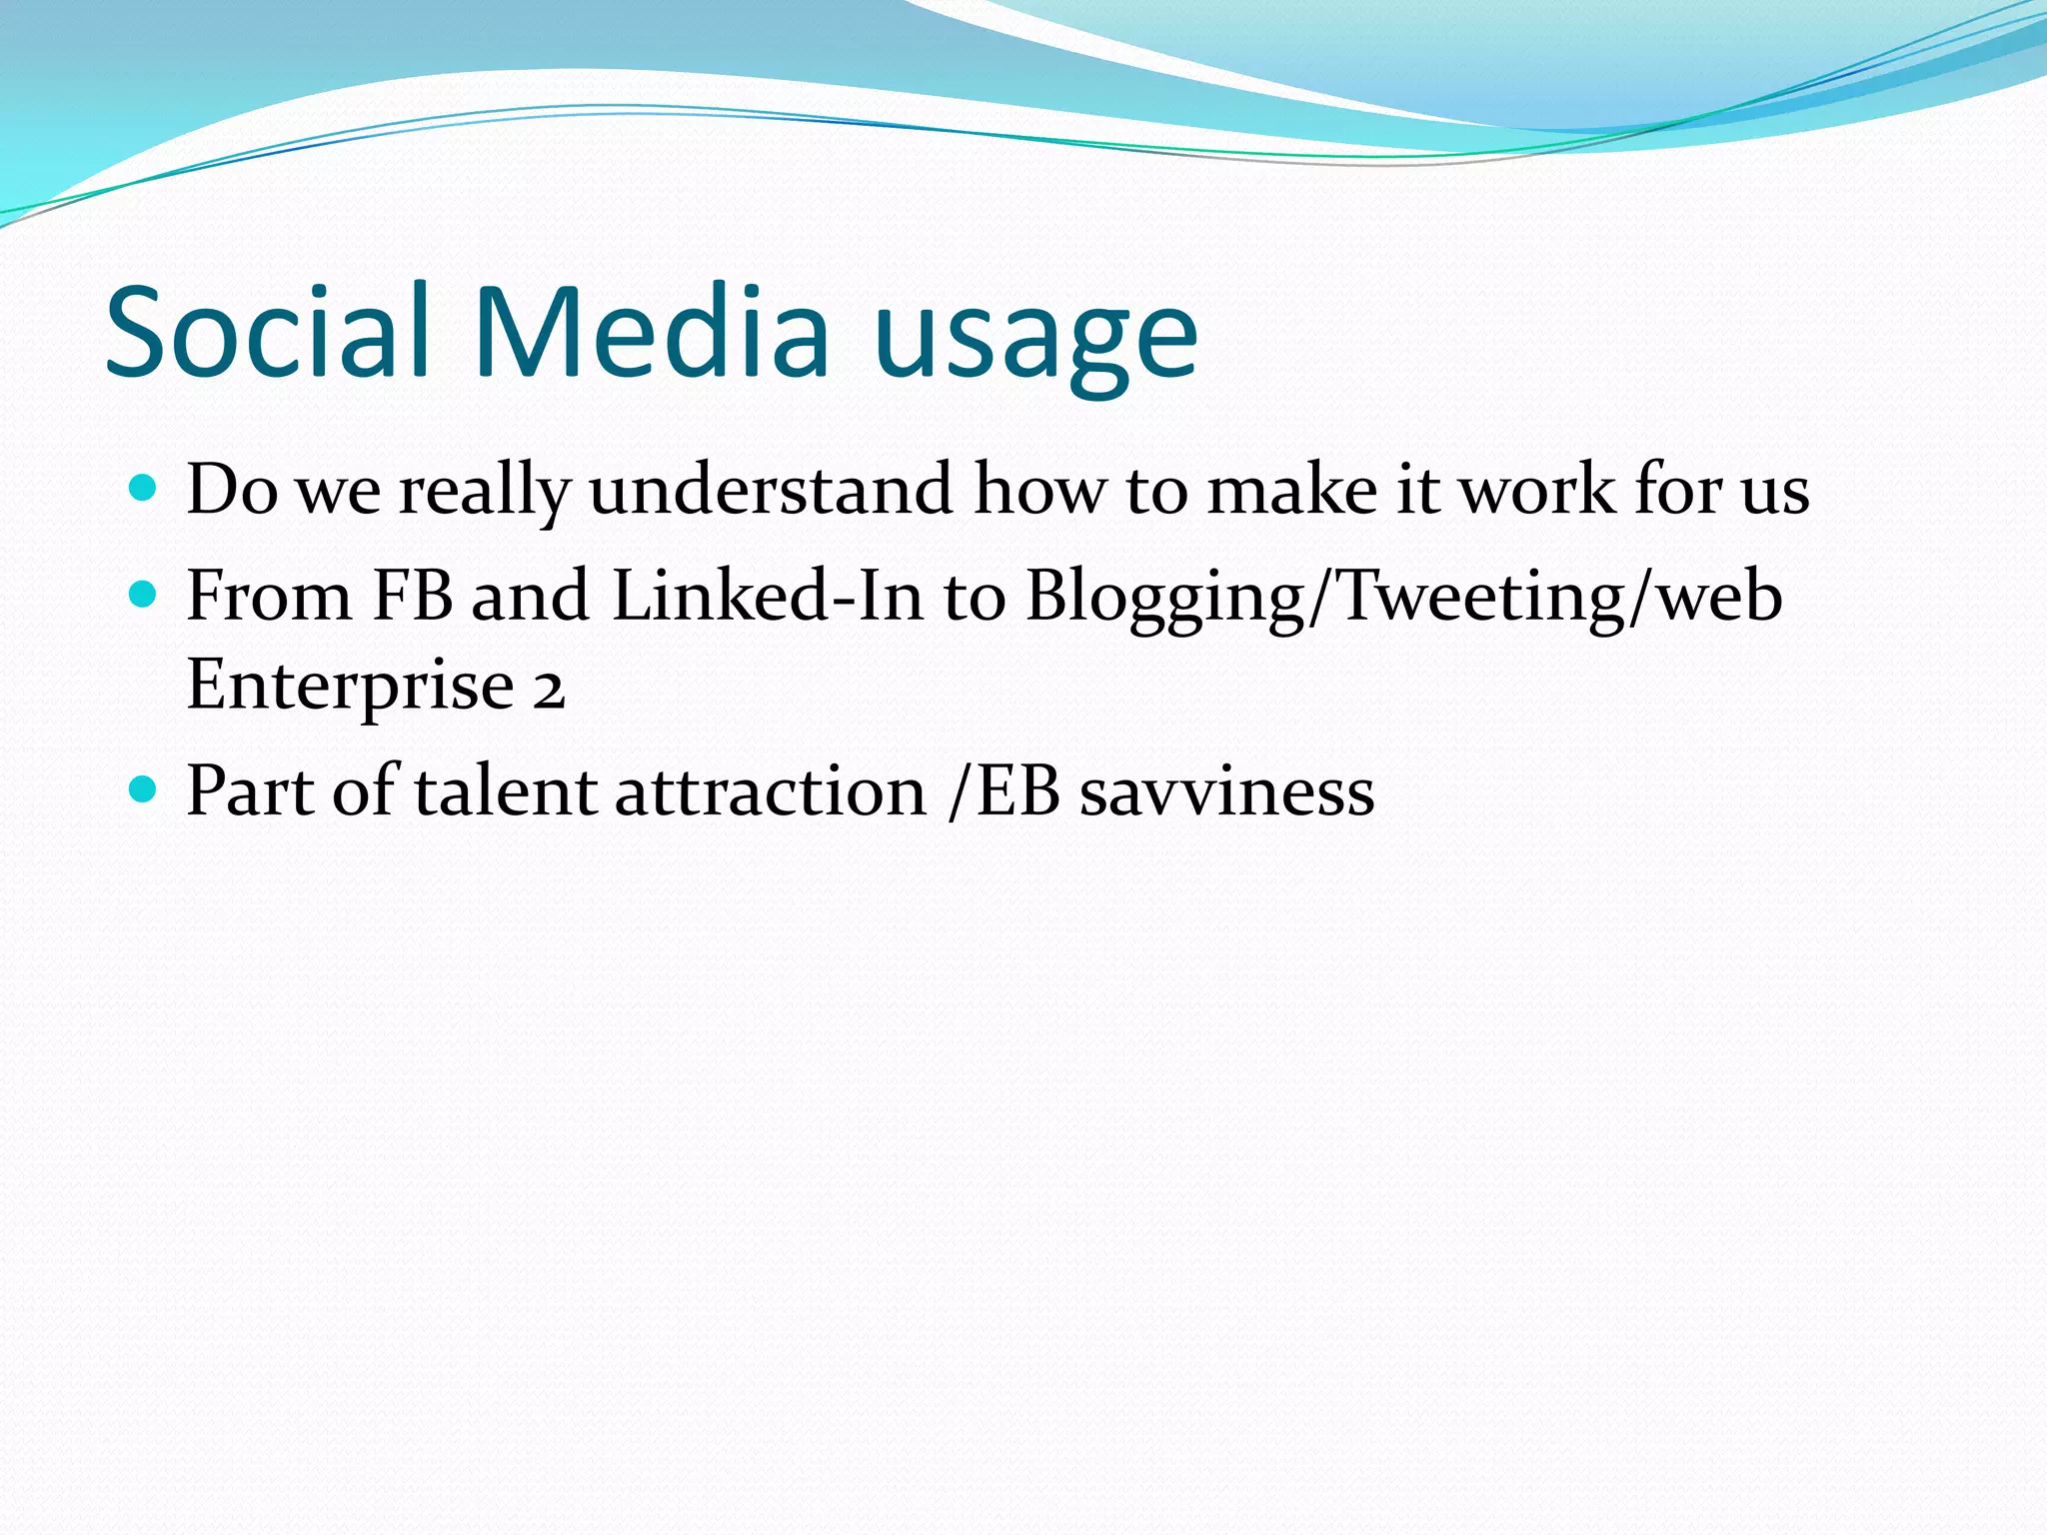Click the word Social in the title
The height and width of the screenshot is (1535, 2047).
pyautogui.click(x=268, y=332)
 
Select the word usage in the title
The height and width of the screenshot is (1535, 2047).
pyautogui.click(x=1035, y=340)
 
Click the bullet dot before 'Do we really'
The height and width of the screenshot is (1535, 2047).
pyautogui.click(x=144, y=489)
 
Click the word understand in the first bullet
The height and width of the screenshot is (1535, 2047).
pyautogui.click(x=771, y=490)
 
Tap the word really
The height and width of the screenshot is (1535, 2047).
pyautogui.click(x=484, y=492)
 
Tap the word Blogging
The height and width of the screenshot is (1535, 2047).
pyautogui.click(x=1164, y=598)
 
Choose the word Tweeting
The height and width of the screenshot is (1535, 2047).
pyautogui.click(x=1479, y=598)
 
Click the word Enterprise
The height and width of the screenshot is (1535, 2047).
pyautogui.click(x=350, y=687)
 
